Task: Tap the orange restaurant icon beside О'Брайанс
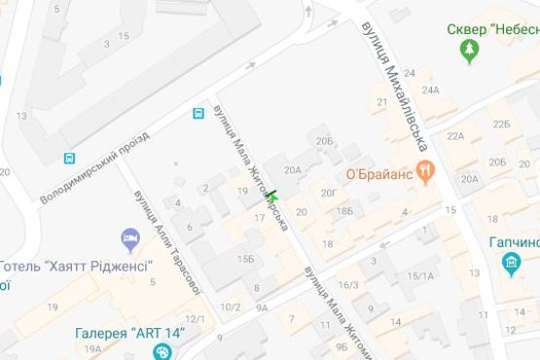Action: [x=425, y=172]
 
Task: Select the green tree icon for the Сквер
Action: [x=473, y=49]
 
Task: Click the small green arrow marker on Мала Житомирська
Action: [x=272, y=194]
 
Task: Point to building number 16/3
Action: [x=348, y=284]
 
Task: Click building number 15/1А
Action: [x=420, y=275]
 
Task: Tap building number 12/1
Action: [x=195, y=319]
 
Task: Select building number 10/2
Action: [x=230, y=307]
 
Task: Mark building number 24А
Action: [x=430, y=90]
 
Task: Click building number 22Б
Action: [x=501, y=124]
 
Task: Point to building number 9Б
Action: [x=341, y=345]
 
